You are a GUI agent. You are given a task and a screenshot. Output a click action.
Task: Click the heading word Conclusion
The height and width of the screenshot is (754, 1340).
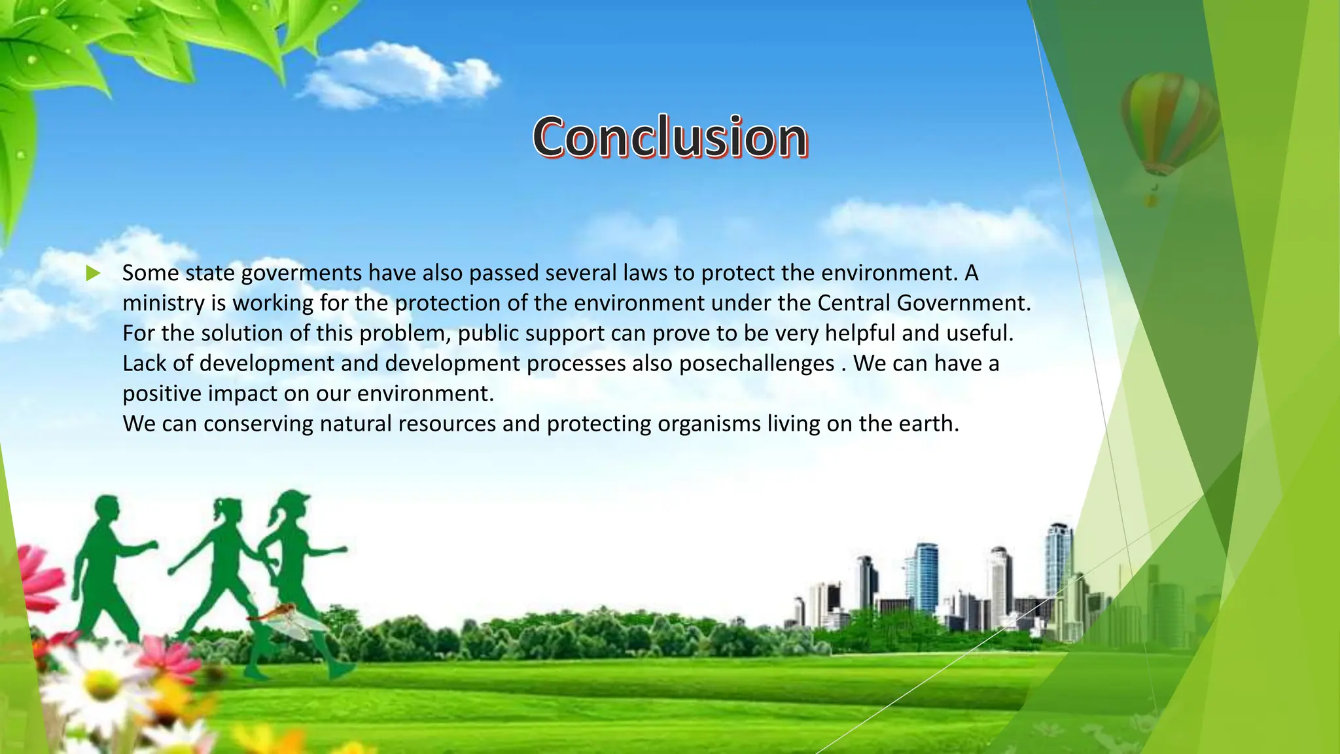(670, 137)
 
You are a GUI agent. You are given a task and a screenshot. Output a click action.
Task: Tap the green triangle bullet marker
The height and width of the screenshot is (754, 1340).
(93, 273)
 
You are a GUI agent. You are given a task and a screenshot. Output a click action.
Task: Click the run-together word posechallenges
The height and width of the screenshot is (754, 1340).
(756, 363)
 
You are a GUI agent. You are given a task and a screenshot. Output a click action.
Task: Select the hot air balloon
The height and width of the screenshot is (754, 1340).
(1169, 124)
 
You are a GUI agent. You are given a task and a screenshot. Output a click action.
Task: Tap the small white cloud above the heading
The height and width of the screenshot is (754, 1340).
(399, 75)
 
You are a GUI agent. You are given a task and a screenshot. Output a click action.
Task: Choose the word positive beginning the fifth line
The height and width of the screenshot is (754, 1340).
(162, 393)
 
